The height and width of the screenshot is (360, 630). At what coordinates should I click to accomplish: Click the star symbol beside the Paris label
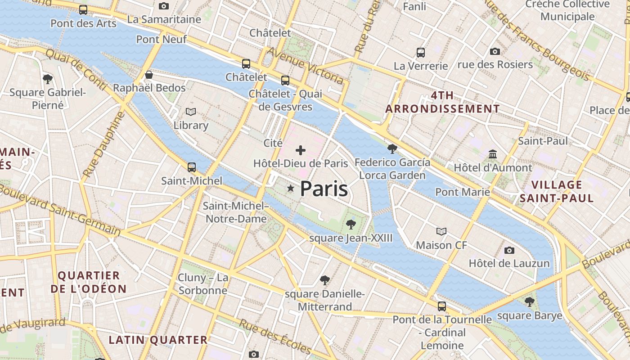[291, 189]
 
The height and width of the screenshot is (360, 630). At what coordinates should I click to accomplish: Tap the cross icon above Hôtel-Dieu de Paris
[301, 150]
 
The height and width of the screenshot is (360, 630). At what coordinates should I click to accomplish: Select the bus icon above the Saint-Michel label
[192, 167]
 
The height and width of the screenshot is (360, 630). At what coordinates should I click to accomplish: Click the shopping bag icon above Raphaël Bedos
[149, 75]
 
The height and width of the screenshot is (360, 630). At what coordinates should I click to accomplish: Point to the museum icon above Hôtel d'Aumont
[493, 154]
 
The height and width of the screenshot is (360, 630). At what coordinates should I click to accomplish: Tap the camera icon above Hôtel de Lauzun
[509, 250]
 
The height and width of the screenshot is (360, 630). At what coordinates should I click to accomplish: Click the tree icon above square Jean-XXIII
[351, 224]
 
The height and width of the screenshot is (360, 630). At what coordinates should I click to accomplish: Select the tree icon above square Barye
[530, 301]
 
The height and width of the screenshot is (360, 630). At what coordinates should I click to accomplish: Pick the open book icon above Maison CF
[441, 231]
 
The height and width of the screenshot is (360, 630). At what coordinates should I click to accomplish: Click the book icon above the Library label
[191, 112]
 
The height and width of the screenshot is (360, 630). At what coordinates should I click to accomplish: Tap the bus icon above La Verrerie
[421, 53]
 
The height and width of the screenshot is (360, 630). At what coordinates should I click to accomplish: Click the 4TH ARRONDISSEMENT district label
[442, 102]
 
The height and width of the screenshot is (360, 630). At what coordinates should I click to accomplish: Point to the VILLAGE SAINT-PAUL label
[557, 191]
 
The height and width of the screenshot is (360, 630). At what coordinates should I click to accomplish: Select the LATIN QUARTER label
[158, 340]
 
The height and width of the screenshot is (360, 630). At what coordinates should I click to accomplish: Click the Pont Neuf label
[162, 40]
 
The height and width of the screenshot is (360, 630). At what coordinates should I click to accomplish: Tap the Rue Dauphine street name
[103, 145]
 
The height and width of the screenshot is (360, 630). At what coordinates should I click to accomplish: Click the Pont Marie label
[463, 192]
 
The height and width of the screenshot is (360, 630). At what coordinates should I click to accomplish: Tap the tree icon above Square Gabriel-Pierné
[48, 79]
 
